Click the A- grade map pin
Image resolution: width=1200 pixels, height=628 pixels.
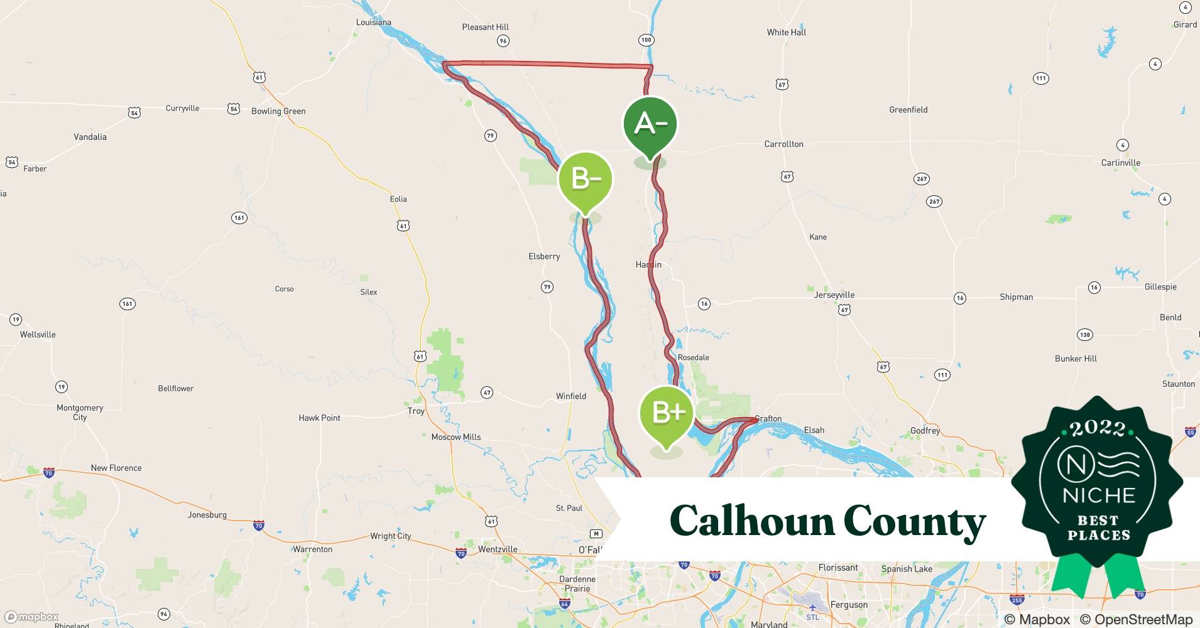pos(650,124)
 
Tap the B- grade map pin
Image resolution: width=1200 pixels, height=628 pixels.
pos(585,180)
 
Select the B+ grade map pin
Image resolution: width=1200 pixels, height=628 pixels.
pos(667,413)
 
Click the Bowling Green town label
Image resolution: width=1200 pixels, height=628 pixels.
pos(278,111)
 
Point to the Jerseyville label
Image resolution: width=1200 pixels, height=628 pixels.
pos(834,295)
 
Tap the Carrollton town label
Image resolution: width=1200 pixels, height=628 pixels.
pos(783,144)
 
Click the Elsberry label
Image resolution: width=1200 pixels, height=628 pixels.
pos(544,256)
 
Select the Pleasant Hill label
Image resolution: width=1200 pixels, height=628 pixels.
pos(485,27)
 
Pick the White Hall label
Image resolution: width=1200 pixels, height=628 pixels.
pos(786,32)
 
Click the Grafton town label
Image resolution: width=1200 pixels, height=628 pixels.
pos(769,418)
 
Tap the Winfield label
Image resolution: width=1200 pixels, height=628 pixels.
pos(570,396)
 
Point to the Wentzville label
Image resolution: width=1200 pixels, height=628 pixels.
pos(498,549)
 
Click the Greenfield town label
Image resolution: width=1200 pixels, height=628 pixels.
pos(908,109)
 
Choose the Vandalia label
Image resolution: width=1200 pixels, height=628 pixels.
pos(90,137)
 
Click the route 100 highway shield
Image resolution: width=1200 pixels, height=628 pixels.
pos(646,40)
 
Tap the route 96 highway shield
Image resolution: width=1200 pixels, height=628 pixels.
pos(503,41)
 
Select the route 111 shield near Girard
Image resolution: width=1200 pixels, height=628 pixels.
pos(1041,78)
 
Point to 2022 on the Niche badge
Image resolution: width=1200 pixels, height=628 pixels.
pos(1098,428)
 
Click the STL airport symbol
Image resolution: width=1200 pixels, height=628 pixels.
pos(812,608)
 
